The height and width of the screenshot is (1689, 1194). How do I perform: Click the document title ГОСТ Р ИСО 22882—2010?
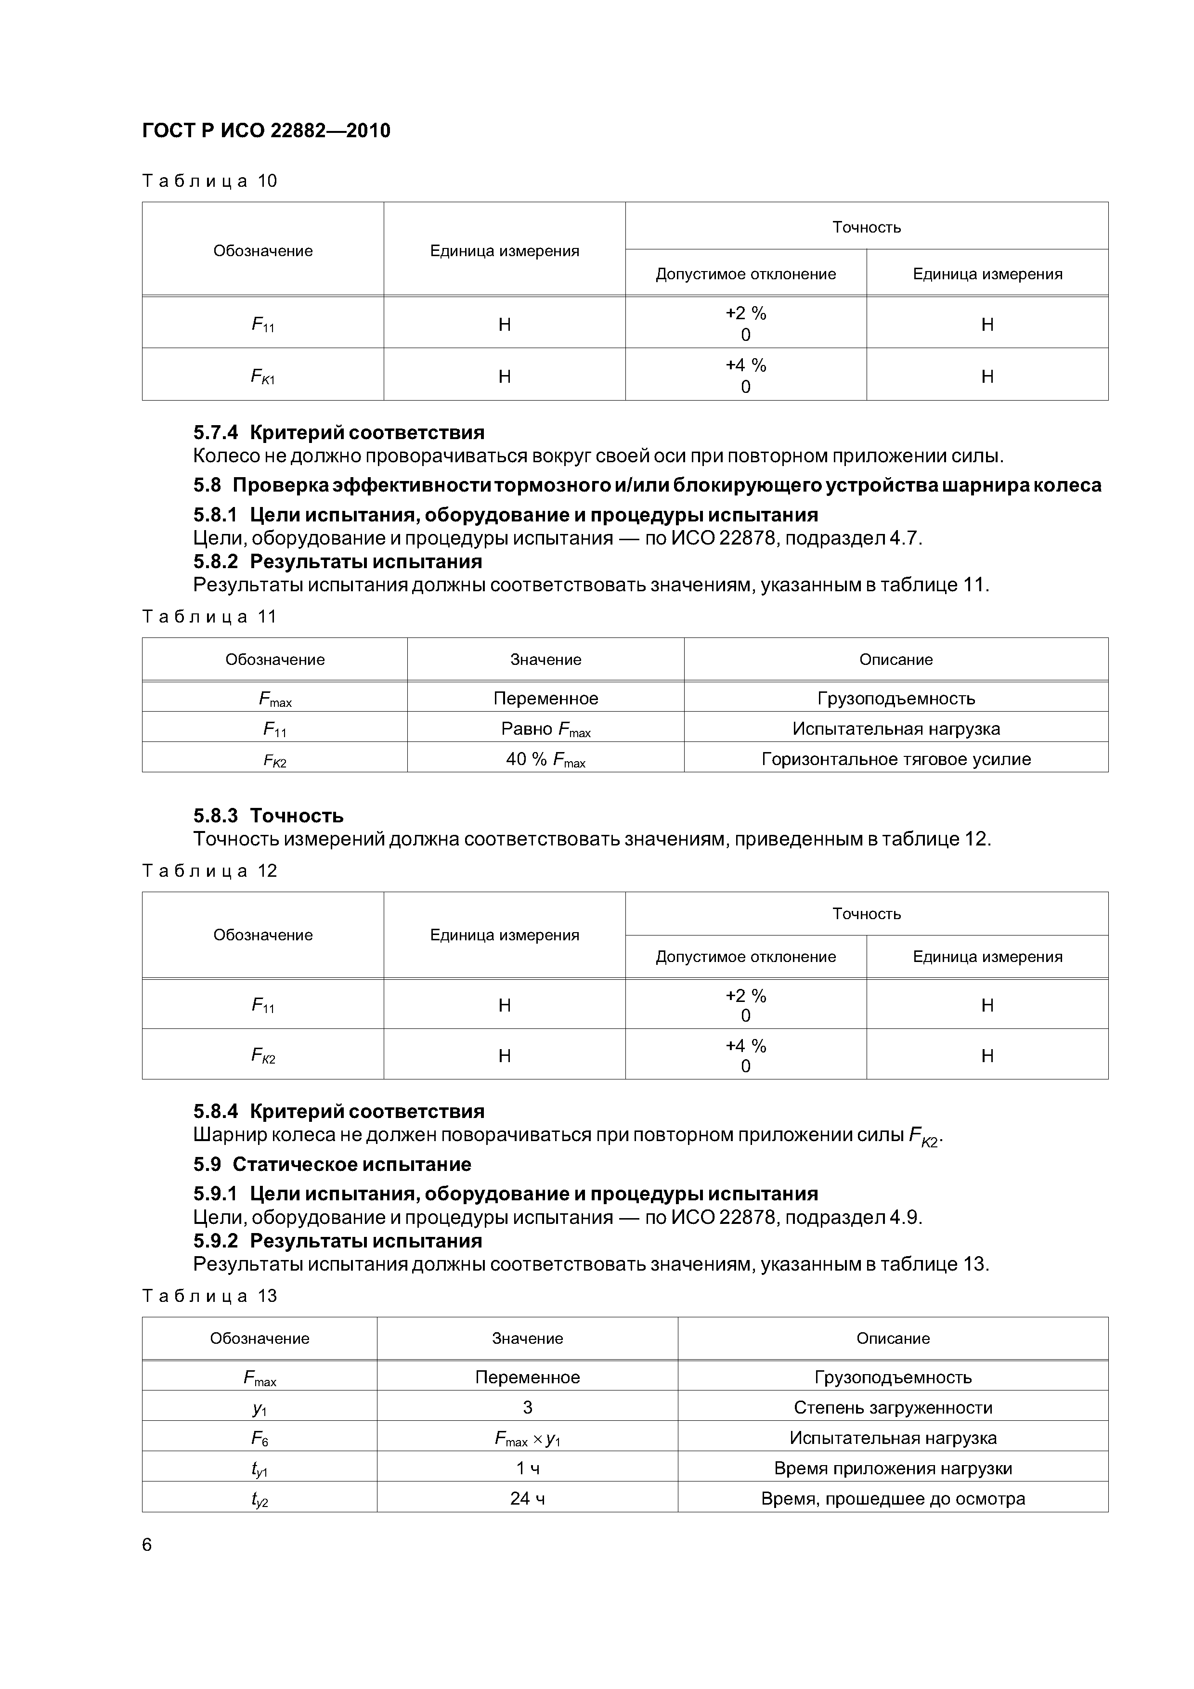tap(266, 131)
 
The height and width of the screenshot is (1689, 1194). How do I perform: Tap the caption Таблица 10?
tap(209, 181)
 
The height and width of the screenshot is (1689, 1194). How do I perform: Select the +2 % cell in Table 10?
tap(745, 322)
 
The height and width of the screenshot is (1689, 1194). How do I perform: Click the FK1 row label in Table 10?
tap(263, 377)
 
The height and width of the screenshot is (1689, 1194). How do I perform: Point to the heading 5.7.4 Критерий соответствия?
tap(338, 432)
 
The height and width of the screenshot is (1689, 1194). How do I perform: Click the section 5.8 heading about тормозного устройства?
tap(648, 485)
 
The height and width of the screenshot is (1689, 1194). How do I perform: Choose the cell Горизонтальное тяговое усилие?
tap(895, 759)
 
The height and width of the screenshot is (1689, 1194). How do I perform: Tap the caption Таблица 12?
tap(209, 871)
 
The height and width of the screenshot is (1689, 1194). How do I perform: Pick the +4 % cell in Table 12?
tap(745, 1055)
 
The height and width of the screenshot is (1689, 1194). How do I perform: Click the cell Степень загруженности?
tap(893, 1408)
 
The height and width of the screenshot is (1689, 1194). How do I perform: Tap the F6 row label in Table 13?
tap(259, 1438)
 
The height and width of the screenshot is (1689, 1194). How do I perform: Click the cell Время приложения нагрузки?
tap(893, 1468)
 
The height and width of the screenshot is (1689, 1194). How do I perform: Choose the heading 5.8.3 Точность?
tap(269, 815)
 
